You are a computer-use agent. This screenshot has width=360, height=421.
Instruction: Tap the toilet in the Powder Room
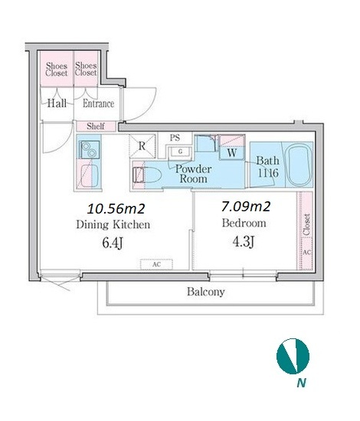click(148, 175)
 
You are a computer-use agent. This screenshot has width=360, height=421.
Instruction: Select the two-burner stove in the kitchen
click(89, 149)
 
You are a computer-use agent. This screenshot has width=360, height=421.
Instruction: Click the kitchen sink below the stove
click(90, 176)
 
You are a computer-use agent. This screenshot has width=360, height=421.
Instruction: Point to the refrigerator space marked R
click(142, 145)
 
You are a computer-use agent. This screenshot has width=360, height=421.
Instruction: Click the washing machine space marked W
click(232, 153)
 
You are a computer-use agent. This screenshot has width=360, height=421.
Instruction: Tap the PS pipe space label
click(175, 138)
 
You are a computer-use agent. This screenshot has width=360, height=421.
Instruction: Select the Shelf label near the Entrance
click(96, 126)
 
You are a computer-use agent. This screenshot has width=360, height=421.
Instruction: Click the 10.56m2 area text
click(116, 209)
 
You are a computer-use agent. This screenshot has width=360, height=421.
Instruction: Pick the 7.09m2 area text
click(246, 207)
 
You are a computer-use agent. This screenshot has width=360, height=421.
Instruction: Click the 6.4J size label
click(113, 243)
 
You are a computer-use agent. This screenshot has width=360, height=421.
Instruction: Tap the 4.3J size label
click(243, 242)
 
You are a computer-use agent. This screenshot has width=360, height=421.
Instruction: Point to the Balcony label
click(206, 292)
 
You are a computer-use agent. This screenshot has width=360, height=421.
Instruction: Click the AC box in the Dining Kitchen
click(156, 264)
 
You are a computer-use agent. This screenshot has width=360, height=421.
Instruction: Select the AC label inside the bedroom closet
click(307, 253)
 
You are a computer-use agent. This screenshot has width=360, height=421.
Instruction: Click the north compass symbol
click(293, 356)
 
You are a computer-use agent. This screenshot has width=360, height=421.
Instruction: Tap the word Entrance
click(98, 103)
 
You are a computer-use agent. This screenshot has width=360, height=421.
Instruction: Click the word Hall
click(57, 103)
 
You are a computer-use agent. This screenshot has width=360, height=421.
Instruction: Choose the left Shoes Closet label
click(57, 69)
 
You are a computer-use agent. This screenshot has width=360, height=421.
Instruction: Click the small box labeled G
click(180, 152)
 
